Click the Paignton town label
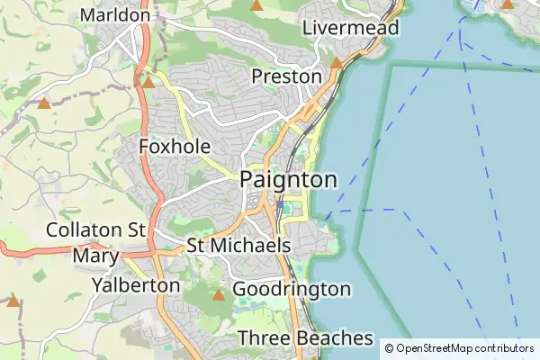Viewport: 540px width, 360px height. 288,180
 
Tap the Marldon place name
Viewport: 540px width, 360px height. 115,15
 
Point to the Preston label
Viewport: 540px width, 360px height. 286,76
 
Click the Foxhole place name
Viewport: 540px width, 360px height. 175,147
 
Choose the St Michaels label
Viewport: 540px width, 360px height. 238,246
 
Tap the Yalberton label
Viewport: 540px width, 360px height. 136,285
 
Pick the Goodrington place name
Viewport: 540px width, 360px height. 292,289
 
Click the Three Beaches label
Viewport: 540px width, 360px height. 305,338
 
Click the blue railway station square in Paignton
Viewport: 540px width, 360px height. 280,205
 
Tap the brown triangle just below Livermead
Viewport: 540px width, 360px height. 336,63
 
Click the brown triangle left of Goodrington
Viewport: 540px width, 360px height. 218,294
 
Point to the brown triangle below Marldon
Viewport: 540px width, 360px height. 148,82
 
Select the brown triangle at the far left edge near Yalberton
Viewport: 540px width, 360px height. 13,301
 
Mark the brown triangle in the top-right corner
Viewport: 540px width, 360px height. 507,4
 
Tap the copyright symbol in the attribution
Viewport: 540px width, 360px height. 390,347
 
